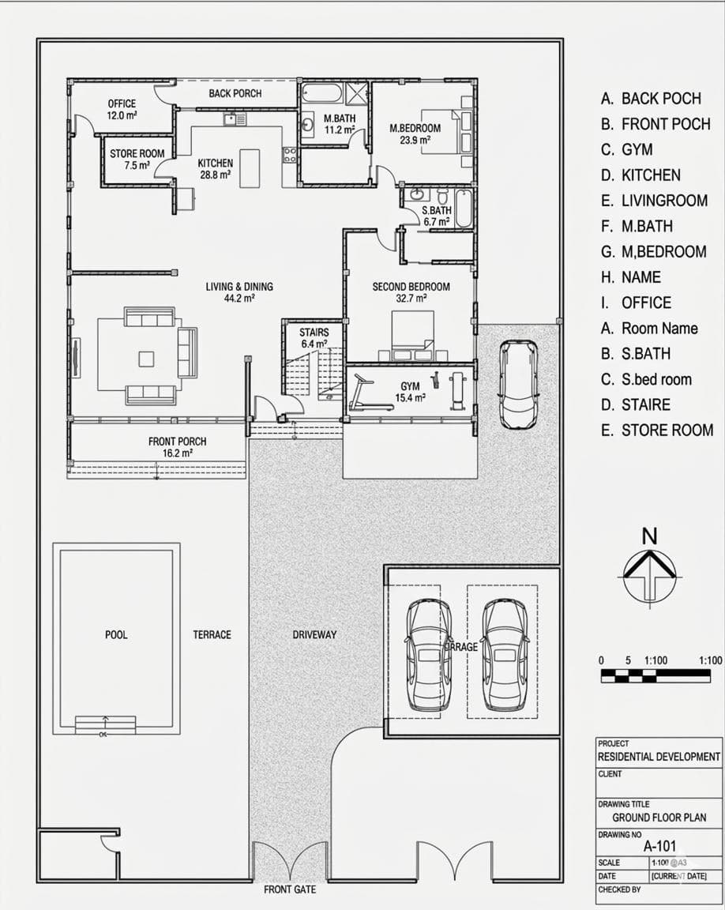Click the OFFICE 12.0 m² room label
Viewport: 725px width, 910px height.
(x=122, y=109)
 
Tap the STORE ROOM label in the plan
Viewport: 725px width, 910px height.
(x=137, y=159)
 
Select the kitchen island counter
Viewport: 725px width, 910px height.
(x=250, y=167)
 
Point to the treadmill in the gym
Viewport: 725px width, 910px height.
(x=369, y=395)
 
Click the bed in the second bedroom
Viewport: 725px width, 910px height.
(x=412, y=331)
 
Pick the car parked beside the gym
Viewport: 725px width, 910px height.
(x=518, y=384)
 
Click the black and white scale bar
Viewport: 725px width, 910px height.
(x=655, y=675)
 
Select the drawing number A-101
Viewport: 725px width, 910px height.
(x=660, y=845)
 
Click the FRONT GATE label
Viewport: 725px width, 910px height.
(x=290, y=889)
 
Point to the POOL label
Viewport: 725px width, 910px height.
(x=116, y=634)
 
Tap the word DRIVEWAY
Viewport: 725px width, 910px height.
(x=314, y=634)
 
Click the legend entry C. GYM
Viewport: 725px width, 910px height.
(x=627, y=149)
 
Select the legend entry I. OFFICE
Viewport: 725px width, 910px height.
(x=636, y=303)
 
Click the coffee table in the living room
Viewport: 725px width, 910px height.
(x=146, y=359)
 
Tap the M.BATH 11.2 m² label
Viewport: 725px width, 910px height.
(x=340, y=124)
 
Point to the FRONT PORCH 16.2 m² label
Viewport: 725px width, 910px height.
(x=177, y=446)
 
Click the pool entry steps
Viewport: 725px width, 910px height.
(x=105, y=724)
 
